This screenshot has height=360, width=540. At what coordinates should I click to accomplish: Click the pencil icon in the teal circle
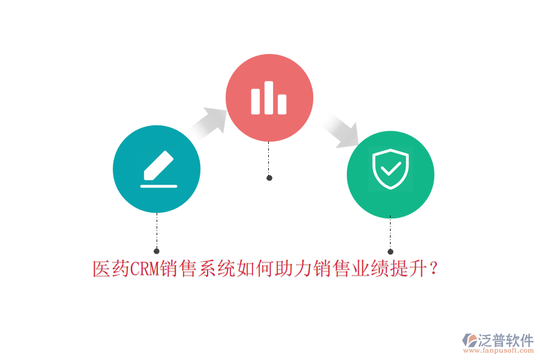[158, 165]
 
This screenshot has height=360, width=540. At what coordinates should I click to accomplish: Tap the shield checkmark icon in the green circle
[391, 169]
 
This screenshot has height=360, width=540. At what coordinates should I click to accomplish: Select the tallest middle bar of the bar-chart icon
[269, 98]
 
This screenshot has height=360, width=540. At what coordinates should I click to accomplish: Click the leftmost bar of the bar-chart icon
[256, 101]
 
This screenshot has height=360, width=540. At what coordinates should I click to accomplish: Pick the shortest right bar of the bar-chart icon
[282, 104]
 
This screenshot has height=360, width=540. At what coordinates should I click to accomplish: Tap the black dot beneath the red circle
[269, 178]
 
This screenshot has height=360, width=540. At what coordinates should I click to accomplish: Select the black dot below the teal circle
[157, 251]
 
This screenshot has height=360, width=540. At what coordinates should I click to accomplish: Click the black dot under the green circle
[390, 252]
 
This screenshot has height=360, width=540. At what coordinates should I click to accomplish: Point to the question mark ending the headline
[434, 268]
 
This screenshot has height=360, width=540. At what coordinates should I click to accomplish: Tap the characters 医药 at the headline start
[112, 269]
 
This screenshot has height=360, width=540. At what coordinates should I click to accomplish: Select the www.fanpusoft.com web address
[499, 350]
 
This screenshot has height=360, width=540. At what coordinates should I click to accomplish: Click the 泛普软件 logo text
[506, 340]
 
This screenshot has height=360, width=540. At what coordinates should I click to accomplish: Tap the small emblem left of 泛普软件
[470, 340]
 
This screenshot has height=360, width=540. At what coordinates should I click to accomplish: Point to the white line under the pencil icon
[159, 187]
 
